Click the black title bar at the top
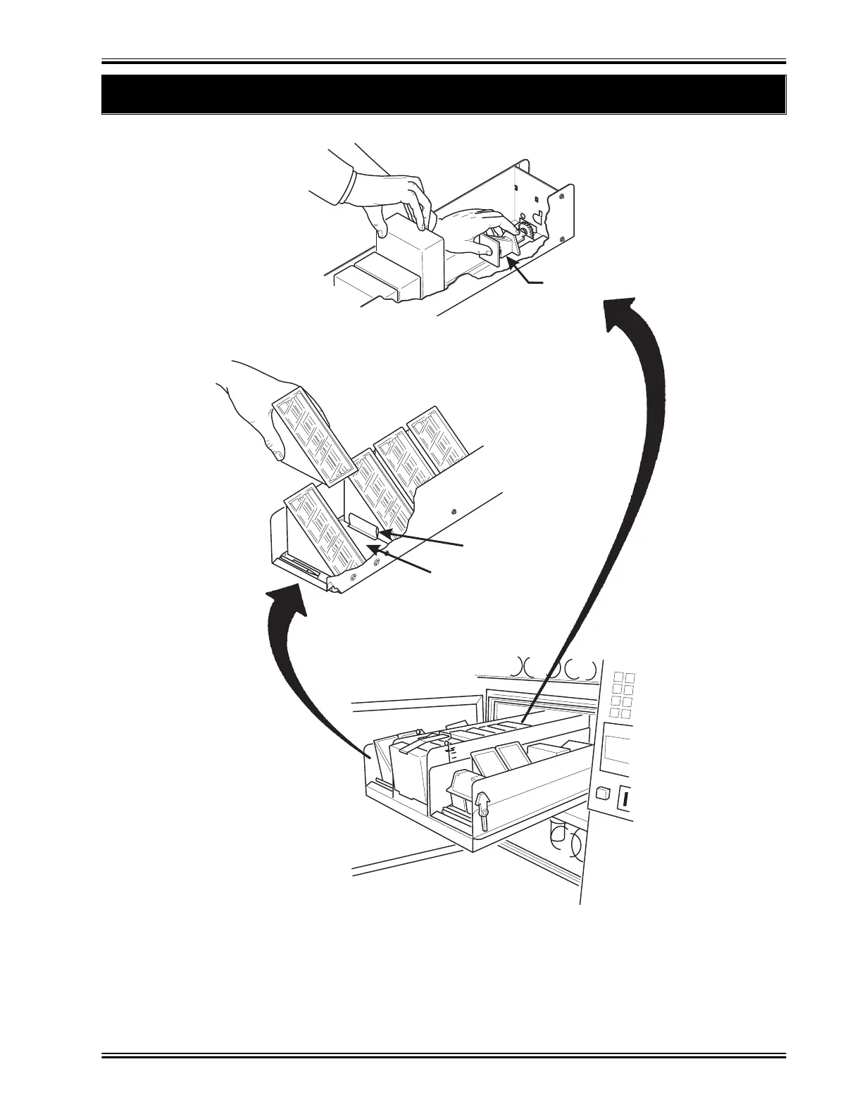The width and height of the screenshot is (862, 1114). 444,94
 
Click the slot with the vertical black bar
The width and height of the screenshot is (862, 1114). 625,799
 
